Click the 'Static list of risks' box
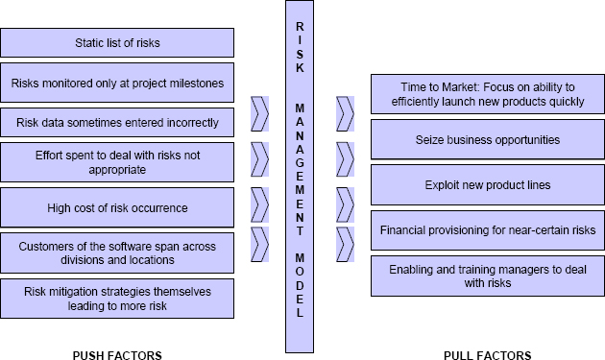[x=118, y=42]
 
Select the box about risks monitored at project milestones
[x=118, y=83]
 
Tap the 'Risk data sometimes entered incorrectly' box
[x=118, y=123]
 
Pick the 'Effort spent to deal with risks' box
[x=118, y=161]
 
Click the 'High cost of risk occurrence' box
[x=118, y=207]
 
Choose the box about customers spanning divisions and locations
[x=118, y=252]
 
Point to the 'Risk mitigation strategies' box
[x=118, y=299]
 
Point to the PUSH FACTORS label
[x=117, y=354]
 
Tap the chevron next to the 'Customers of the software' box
[x=259, y=243]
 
